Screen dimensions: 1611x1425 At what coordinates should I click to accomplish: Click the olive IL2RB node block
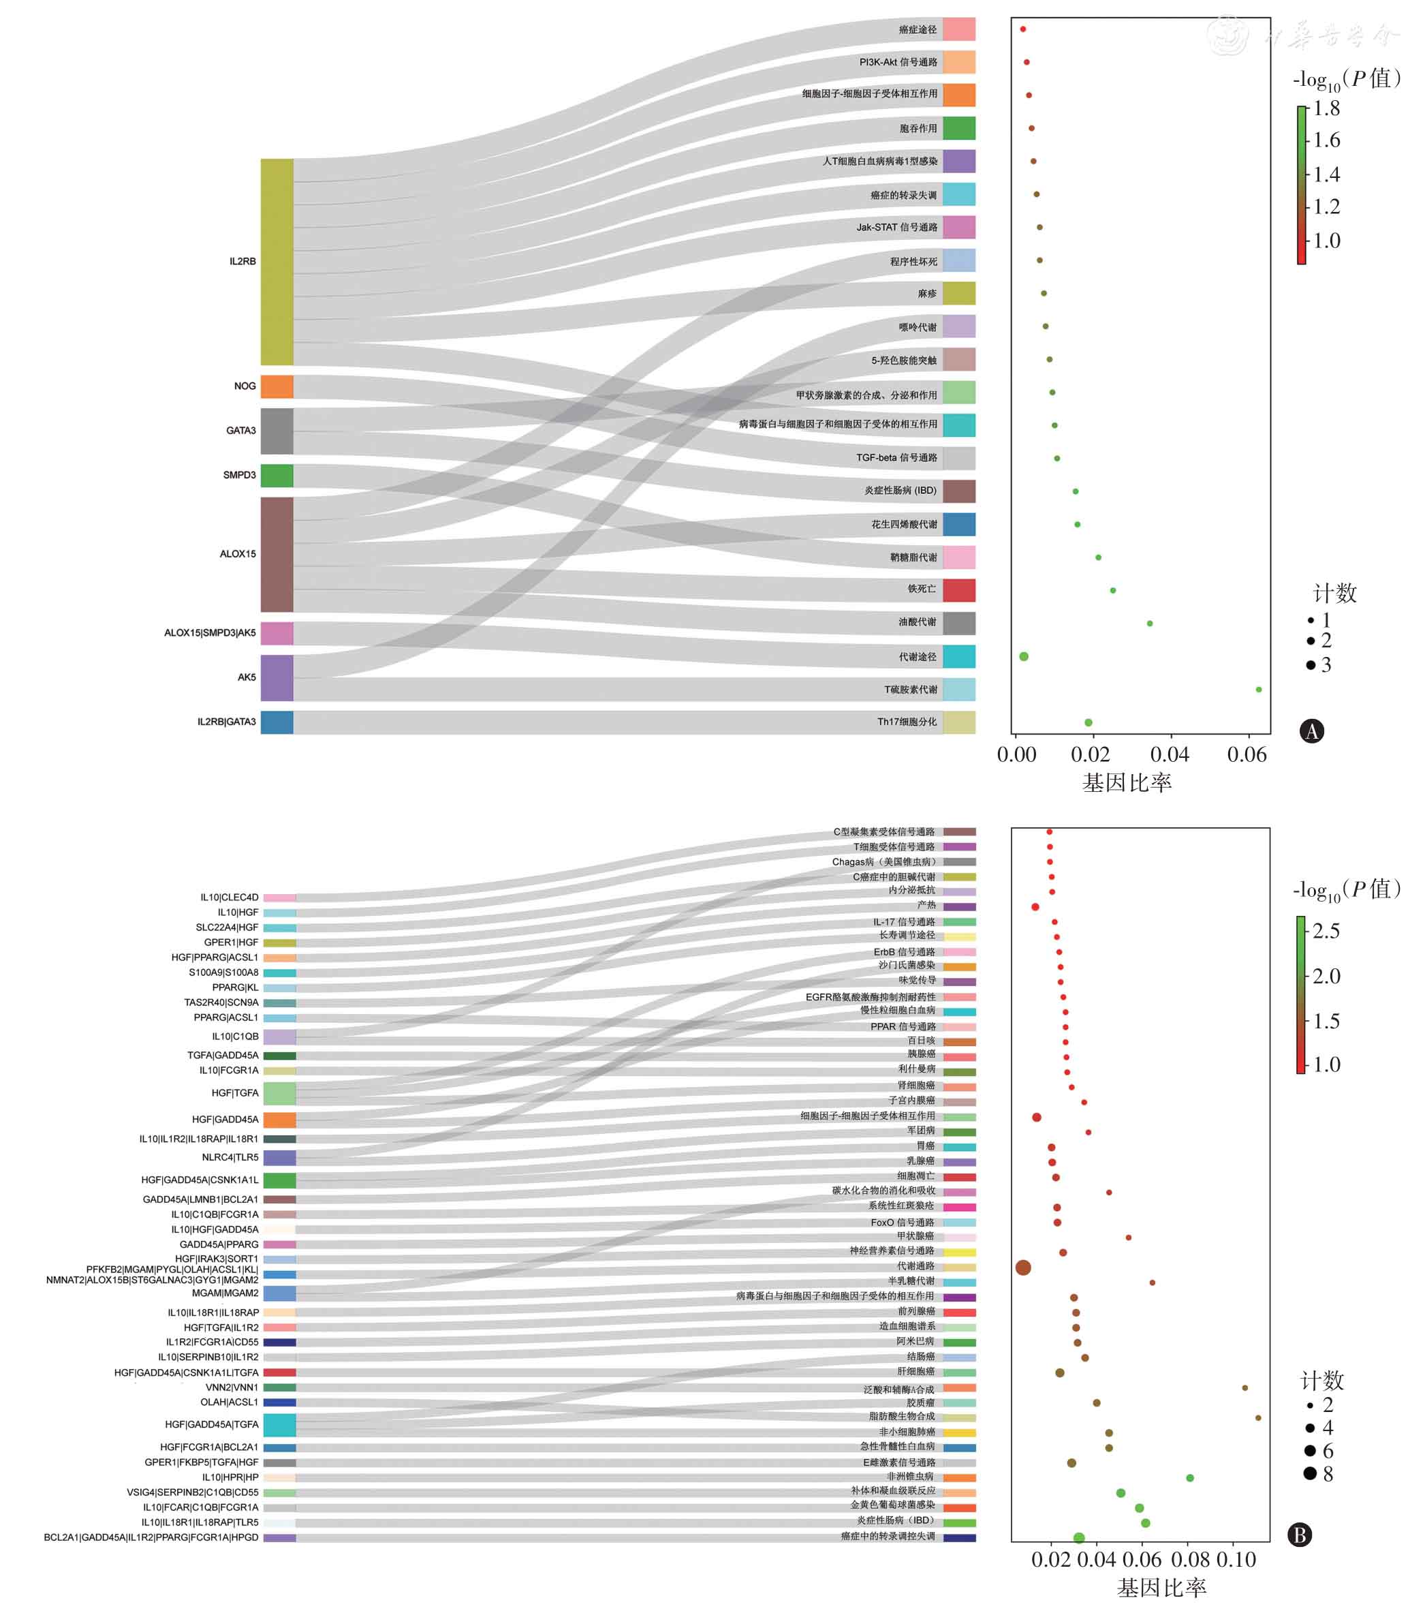[x=277, y=262]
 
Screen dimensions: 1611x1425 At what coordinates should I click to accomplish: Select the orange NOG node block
[x=277, y=386]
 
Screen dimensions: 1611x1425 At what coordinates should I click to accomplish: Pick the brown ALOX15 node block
[x=277, y=554]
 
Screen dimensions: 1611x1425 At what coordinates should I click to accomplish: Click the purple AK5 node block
[x=277, y=678]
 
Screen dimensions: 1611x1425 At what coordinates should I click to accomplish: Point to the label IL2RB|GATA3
[x=226, y=722]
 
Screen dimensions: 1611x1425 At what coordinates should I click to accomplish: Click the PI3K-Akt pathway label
[x=898, y=62]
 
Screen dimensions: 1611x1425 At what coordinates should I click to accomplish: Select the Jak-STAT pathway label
[x=896, y=228]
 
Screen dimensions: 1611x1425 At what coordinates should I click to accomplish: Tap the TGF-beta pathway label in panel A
[x=896, y=458]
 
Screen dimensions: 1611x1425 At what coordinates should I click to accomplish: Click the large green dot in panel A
[x=1023, y=656]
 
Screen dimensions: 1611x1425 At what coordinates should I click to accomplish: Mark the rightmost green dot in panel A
[x=1258, y=690]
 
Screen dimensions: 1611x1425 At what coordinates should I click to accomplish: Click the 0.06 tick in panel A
[x=1246, y=755]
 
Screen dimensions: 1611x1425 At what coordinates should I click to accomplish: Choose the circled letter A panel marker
[x=1311, y=731]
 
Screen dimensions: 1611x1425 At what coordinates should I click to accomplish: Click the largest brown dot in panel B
[x=1022, y=1268]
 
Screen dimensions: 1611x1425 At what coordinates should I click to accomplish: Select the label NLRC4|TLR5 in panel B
[x=230, y=1157]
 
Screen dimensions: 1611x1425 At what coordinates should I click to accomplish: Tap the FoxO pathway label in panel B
[x=902, y=1223]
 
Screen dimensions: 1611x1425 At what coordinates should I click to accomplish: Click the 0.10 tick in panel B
[x=1235, y=1560]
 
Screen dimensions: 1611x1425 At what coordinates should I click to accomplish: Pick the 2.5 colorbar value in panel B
[x=1326, y=931]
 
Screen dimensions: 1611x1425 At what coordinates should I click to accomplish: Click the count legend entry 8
[x=1328, y=1474]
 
